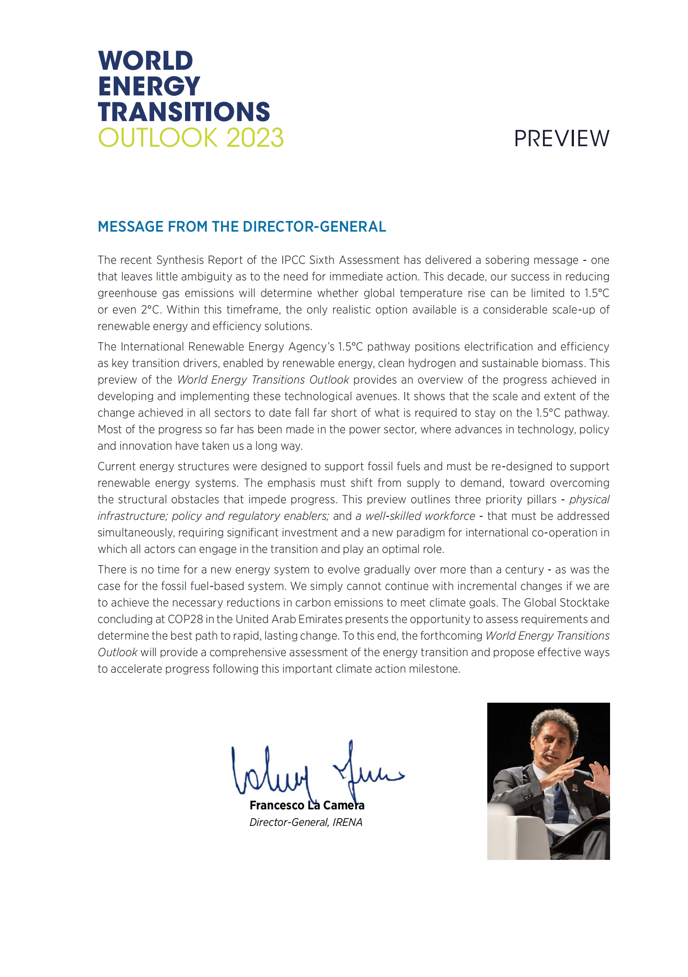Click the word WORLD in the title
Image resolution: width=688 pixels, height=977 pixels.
[145, 61]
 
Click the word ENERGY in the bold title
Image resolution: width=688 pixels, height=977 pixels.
[149, 86]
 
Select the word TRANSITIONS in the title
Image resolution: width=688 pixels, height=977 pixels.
[184, 112]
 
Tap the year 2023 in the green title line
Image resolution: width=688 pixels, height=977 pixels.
[255, 138]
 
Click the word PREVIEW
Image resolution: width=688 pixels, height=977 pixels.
[561, 139]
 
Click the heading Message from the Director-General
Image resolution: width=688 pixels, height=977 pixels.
[242, 227]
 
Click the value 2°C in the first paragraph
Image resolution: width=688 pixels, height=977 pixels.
[150, 310]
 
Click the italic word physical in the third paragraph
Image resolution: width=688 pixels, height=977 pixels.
[589, 499]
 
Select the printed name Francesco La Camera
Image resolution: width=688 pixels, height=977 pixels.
[307, 805]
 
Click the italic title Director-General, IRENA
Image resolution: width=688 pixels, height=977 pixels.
[306, 822]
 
